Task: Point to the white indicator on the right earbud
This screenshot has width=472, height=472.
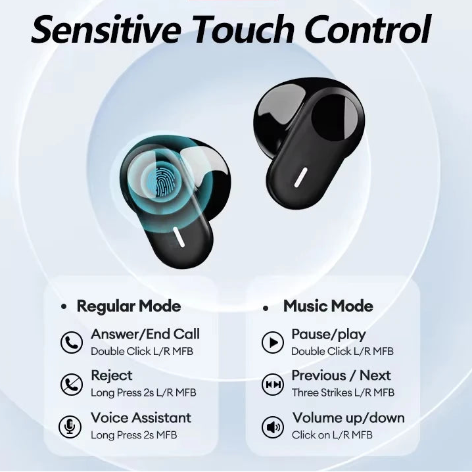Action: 302,177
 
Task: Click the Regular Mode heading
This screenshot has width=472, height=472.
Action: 128,306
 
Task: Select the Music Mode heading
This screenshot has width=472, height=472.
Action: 328,306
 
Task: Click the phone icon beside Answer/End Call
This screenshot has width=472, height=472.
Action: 71,342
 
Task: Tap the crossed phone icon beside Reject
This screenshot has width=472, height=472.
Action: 71,384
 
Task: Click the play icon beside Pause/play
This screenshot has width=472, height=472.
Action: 272,342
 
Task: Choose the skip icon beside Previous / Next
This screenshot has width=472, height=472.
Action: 272,384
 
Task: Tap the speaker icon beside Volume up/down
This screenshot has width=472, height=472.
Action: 272,427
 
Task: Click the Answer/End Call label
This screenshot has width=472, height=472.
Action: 145,334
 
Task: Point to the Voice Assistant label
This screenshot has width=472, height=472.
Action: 141,417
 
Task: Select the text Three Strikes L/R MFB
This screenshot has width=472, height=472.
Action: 342,392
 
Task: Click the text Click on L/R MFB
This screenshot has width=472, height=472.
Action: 332,435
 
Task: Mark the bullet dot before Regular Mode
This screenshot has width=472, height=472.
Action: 64,307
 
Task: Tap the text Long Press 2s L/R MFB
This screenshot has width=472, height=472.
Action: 143,392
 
